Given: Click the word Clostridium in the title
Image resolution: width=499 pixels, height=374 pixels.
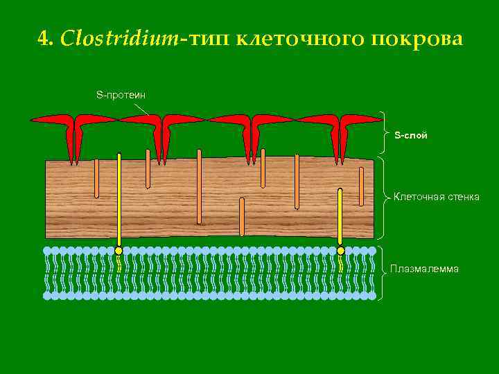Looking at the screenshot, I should click(x=119, y=39).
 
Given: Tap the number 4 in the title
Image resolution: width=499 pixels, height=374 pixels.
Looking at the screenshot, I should click(x=44, y=39).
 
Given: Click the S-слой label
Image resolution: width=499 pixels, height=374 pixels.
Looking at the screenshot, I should click(x=411, y=135).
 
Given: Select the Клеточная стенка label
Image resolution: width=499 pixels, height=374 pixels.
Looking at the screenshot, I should click(x=436, y=197).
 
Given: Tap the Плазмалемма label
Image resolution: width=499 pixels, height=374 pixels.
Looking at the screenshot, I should click(x=424, y=269).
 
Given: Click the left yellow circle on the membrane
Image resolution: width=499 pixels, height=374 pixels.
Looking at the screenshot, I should click(x=119, y=251).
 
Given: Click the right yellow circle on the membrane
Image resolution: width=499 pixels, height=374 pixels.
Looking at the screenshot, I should click(x=340, y=251).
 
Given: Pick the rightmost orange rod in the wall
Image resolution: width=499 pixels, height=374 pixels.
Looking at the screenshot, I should click(x=361, y=186).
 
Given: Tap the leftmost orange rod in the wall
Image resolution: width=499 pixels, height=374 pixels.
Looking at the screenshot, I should click(x=96, y=178).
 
